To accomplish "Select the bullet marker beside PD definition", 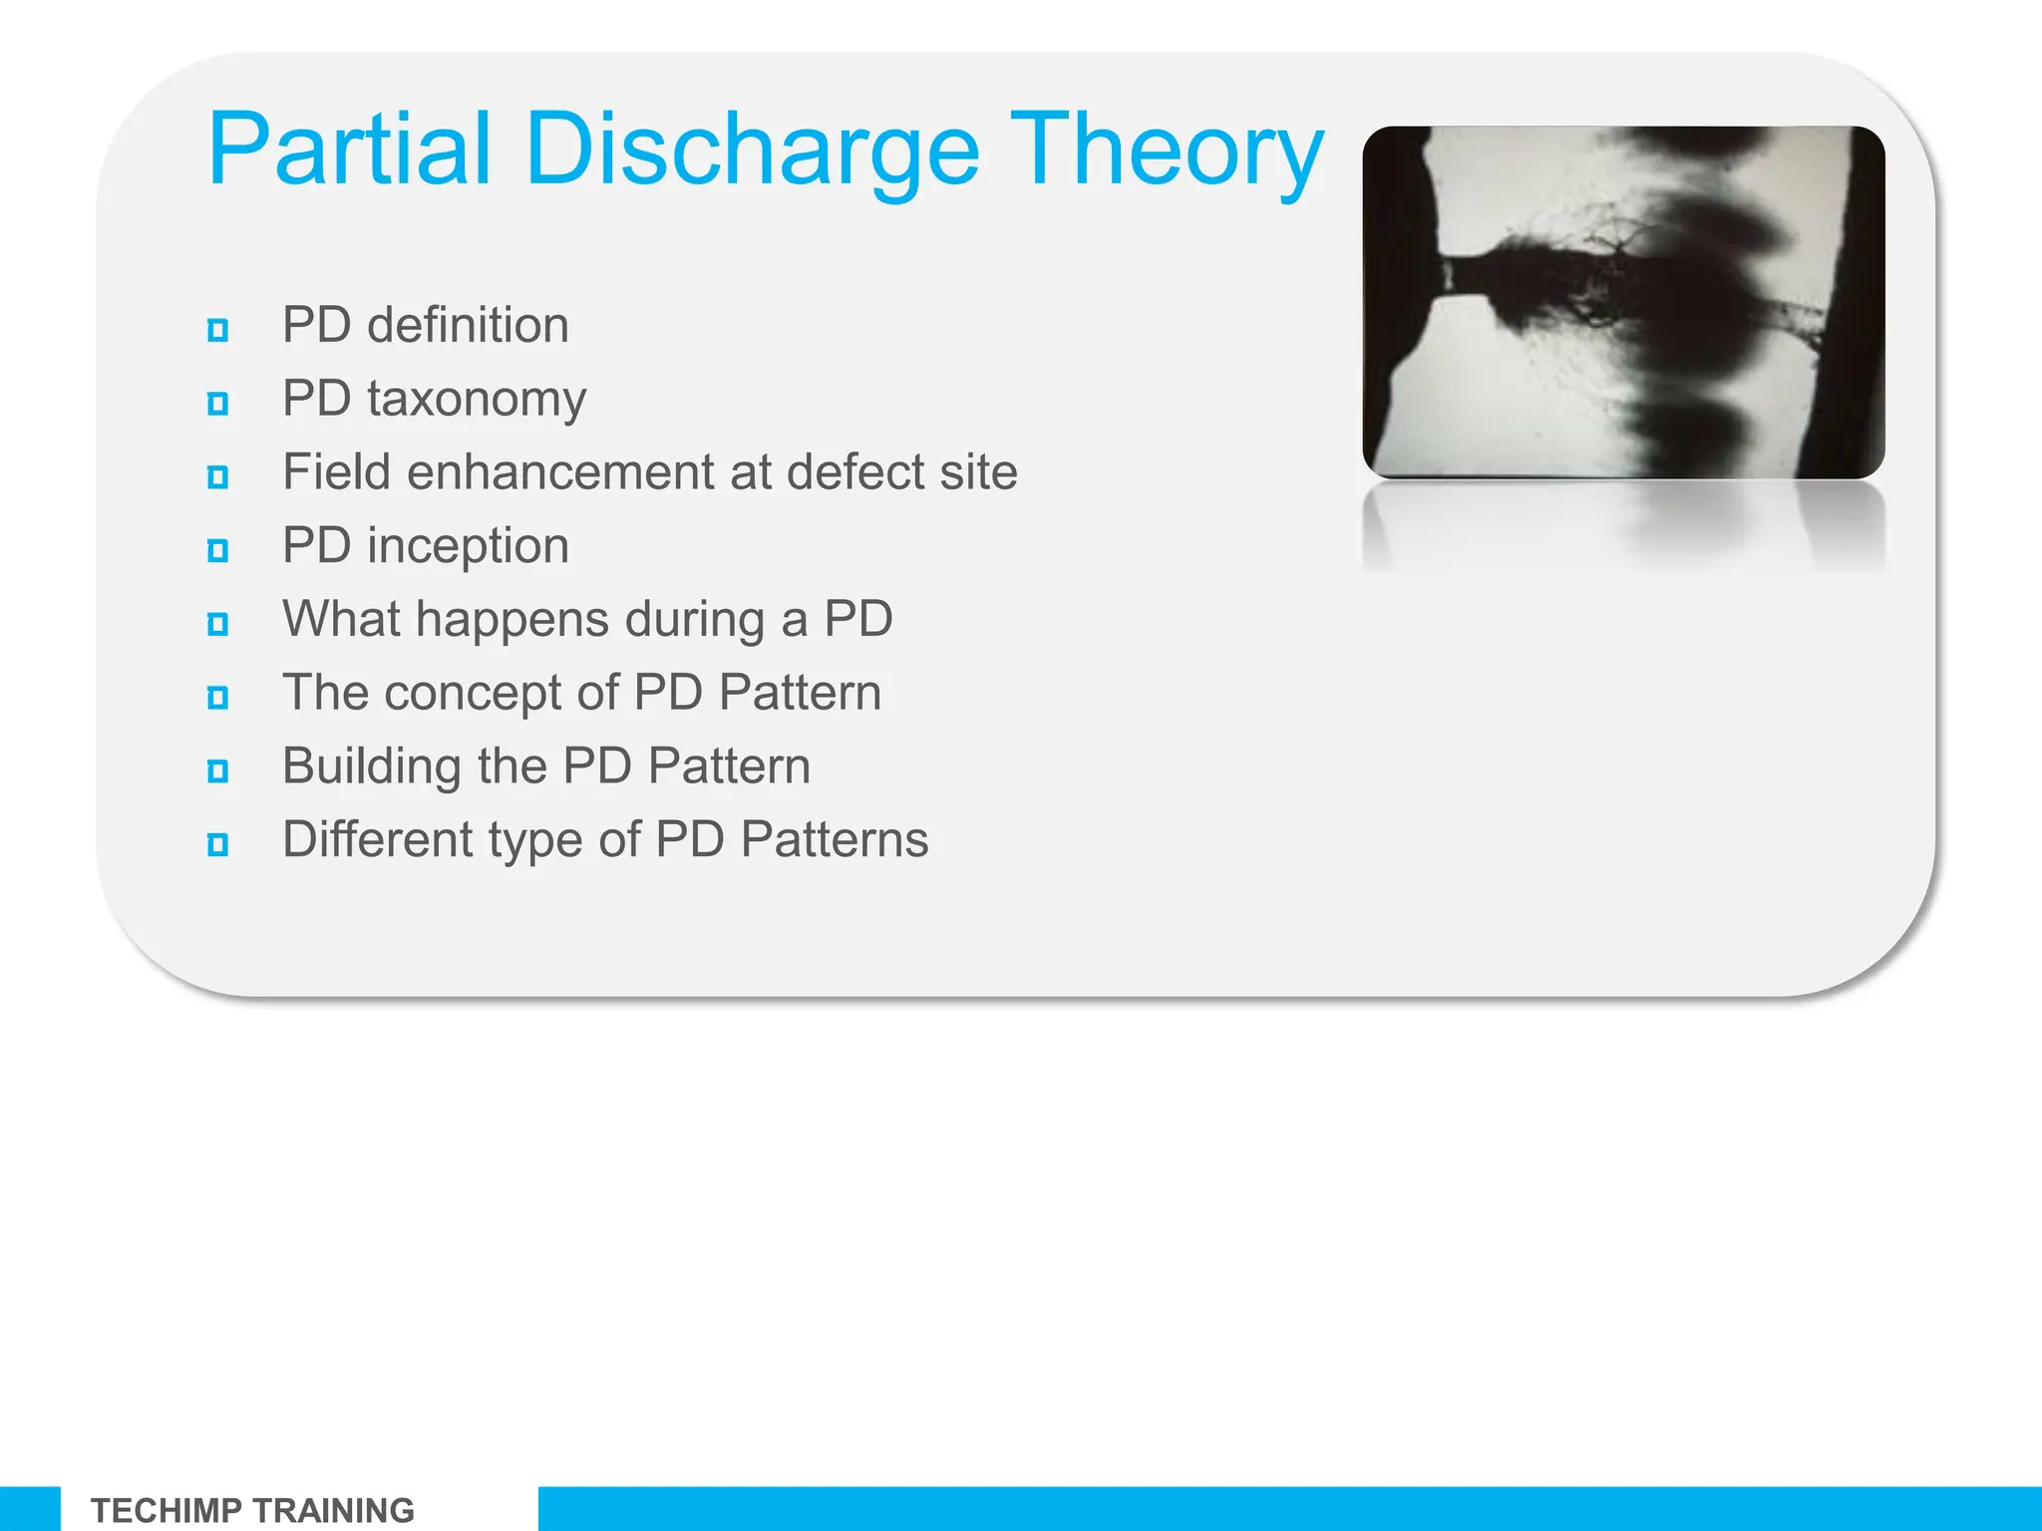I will tap(217, 330).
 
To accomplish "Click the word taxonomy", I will tap(477, 400).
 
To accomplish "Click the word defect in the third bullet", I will tap(847, 471).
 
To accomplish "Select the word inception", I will tap(468, 546).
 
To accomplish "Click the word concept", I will tap(474, 694).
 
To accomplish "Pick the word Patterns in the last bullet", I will tap(834, 839).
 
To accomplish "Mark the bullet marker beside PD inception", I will tap(217, 550).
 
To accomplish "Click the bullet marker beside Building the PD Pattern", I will tap(217, 770).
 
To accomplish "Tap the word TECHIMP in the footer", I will tap(166, 1510).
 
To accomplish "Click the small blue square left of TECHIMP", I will tap(29, 1509).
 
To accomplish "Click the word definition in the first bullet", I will tap(468, 326).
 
